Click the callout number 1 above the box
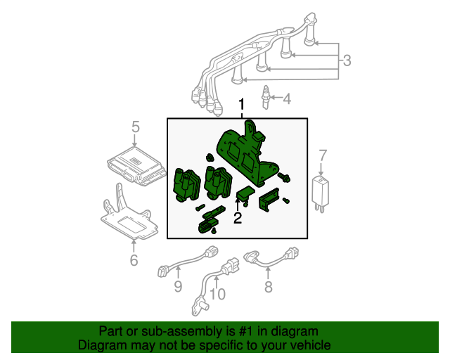242,106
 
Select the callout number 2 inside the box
238,219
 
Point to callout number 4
286,98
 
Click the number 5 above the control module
136,127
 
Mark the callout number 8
268,285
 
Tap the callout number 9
178,285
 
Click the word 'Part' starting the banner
111,331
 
